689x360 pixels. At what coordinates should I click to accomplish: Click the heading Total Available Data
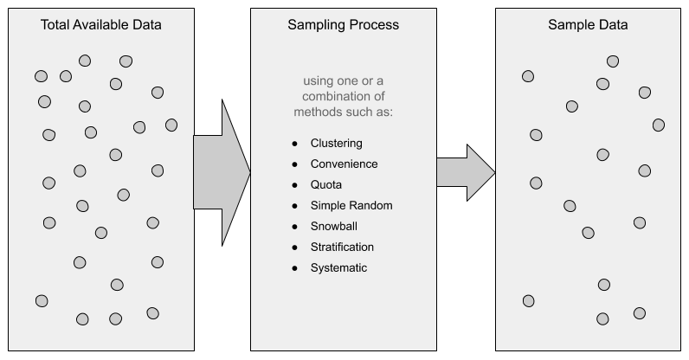pyautogui.click(x=101, y=25)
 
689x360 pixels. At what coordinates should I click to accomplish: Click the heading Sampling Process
pyautogui.click(x=343, y=25)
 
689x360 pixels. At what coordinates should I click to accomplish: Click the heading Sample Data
pyautogui.click(x=588, y=25)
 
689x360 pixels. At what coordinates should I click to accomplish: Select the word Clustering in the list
pyautogui.click(x=336, y=143)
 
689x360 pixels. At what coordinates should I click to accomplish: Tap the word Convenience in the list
pyautogui.click(x=344, y=164)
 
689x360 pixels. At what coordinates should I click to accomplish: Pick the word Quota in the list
pyautogui.click(x=326, y=184)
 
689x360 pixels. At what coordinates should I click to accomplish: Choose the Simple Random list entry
pyautogui.click(x=351, y=205)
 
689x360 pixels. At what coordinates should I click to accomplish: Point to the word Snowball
pyautogui.click(x=333, y=226)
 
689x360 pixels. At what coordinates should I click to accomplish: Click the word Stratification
pyautogui.click(x=342, y=247)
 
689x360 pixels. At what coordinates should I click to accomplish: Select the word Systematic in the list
pyautogui.click(x=338, y=267)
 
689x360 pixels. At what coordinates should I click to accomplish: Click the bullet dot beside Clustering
pyautogui.click(x=294, y=144)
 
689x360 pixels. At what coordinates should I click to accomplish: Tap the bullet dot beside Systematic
pyautogui.click(x=294, y=268)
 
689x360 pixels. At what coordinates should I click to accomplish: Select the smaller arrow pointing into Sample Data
pyautogui.click(x=465, y=172)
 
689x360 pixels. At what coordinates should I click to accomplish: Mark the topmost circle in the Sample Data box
pyautogui.click(x=613, y=61)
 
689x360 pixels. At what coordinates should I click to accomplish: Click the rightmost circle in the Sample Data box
pyautogui.click(x=659, y=125)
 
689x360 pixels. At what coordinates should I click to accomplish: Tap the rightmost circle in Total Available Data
pyautogui.click(x=171, y=125)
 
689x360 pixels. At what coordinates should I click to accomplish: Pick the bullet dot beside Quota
pyautogui.click(x=294, y=185)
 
